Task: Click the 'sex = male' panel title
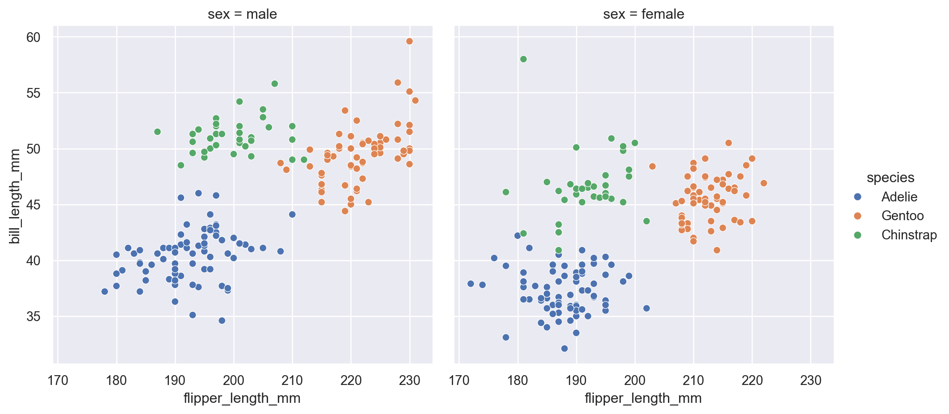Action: coord(242,14)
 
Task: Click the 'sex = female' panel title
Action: coord(643,14)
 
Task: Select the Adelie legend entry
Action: coord(899,197)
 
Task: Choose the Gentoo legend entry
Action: coord(902,216)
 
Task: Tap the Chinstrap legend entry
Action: coord(909,235)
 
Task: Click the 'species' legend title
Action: coord(890,178)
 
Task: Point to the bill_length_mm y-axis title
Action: coord(15,197)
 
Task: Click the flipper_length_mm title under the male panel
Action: coord(242,398)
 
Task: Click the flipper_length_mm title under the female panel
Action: coord(643,398)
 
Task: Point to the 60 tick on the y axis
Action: coord(34,38)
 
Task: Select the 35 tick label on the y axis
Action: coord(34,317)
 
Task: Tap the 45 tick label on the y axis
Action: coord(34,205)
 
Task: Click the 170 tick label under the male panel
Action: coord(58,381)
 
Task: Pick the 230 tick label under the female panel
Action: coord(810,381)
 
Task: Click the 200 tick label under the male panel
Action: coord(234,381)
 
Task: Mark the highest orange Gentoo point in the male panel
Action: coord(409,42)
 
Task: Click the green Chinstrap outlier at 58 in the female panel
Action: coord(524,59)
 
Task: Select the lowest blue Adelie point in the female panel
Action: coord(564,348)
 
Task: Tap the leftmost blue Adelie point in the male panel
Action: coord(105,292)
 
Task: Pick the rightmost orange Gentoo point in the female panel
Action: coord(764,183)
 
